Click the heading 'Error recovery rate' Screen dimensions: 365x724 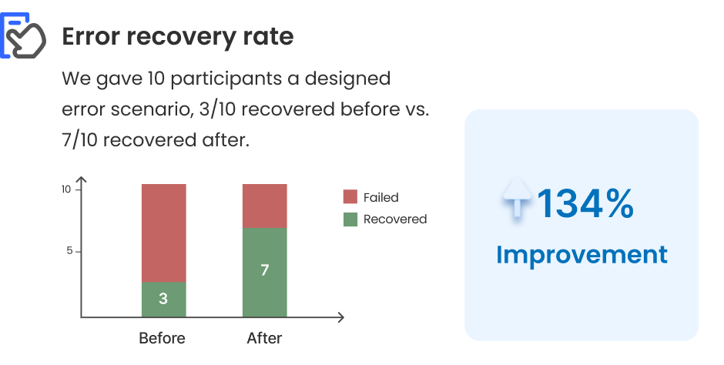(x=177, y=36)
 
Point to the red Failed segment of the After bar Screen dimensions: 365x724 (x=264, y=206)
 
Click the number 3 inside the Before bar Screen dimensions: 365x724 (x=163, y=299)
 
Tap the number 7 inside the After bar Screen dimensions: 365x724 (x=264, y=270)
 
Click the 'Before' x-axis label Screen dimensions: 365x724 (x=162, y=338)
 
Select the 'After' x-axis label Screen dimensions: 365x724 (x=264, y=338)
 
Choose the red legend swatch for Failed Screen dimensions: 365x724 (x=350, y=197)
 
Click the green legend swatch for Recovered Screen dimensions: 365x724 (x=350, y=219)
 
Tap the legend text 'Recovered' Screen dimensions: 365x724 (x=394, y=219)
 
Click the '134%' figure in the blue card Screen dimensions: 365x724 (x=585, y=204)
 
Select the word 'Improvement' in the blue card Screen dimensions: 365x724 (x=582, y=254)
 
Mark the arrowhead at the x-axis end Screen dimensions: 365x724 (x=340, y=317)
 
